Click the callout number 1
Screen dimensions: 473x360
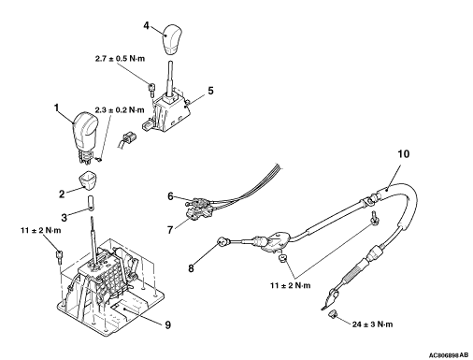(56, 108)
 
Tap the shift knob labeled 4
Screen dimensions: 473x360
(170, 39)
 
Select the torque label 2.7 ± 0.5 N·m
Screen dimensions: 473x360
(120, 59)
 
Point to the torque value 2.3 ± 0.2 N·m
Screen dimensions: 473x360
(120, 110)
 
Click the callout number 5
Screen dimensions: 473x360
(211, 91)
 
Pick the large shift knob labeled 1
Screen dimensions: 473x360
(85, 137)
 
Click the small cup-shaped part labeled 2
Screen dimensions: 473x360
(87, 180)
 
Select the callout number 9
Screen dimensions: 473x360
(168, 324)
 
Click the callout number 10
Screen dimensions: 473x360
(404, 153)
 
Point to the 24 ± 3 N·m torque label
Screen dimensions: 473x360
(372, 324)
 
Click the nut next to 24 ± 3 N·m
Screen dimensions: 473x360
(333, 314)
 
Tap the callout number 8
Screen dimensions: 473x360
(191, 267)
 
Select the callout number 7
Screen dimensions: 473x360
(170, 230)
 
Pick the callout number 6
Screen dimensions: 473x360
(170, 196)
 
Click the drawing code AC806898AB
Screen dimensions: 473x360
(449, 355)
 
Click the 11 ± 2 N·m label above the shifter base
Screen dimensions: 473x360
(41, 230)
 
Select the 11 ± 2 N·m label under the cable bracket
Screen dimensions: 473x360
(291, 285)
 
